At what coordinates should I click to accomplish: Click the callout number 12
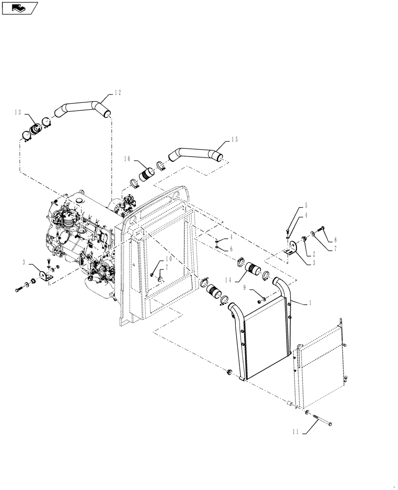(x=118, y=92)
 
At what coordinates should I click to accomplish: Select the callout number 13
(x=18, y=113)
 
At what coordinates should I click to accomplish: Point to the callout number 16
(x=127, y=158)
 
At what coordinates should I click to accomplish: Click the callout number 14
(x=229, y=279)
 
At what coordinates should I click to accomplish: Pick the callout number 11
(x=295, y=433)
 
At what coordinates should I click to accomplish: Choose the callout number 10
(x=168, y=258)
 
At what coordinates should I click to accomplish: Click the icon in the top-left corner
(x=20, y=7)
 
